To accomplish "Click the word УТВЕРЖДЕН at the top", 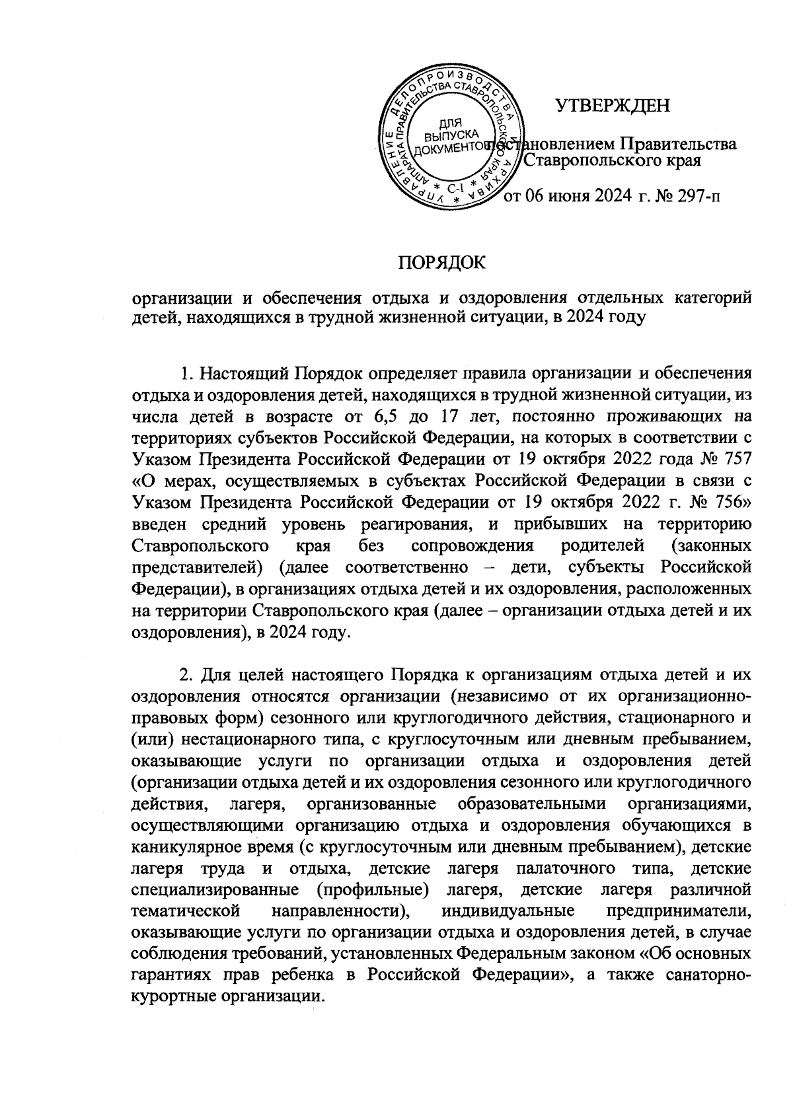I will tap(612, 106).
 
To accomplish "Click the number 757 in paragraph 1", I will tap(735, 459).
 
